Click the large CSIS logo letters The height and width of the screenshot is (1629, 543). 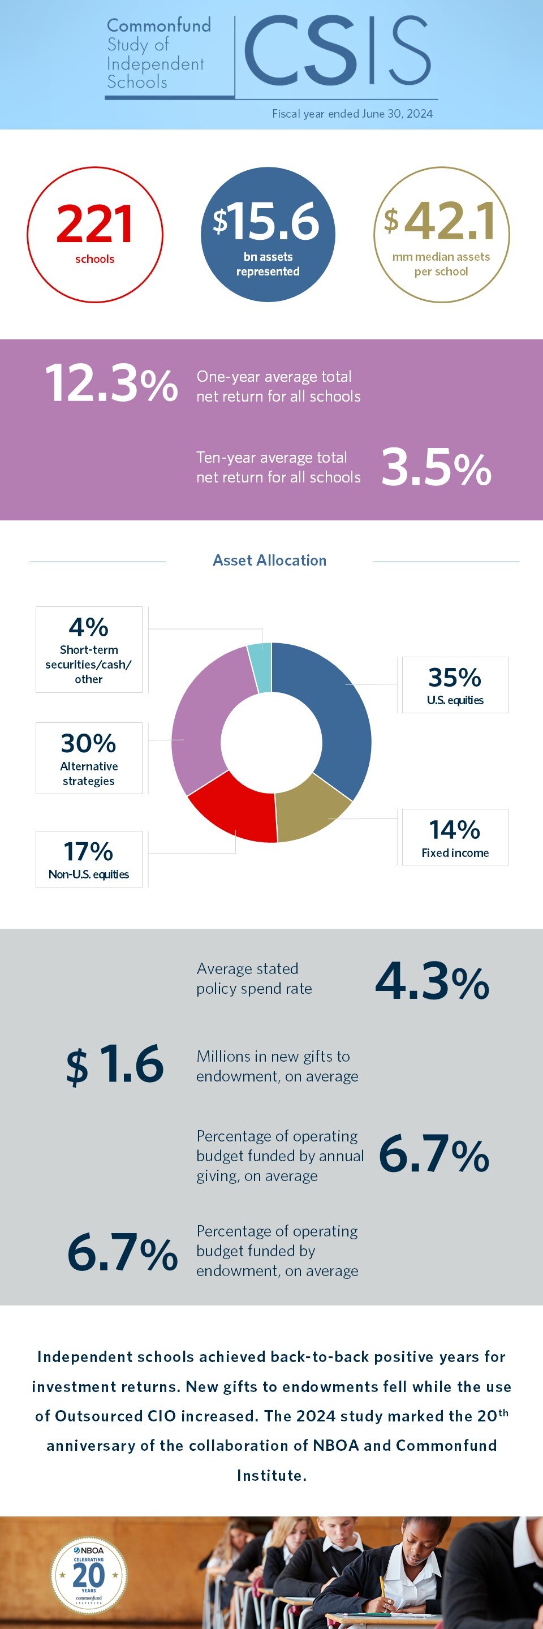click(337, 52)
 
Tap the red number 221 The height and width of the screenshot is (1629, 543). click(94, 225)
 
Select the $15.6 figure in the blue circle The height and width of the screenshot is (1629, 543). click(267, 222)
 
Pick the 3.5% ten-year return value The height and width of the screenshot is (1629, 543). click(436, 468)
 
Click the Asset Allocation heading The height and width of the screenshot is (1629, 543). click(269, 561)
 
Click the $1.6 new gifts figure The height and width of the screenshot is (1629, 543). click(115, 1065)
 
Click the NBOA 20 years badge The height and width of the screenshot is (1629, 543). click(88, 1575)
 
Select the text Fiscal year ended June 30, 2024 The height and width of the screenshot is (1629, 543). click(352, 114)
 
